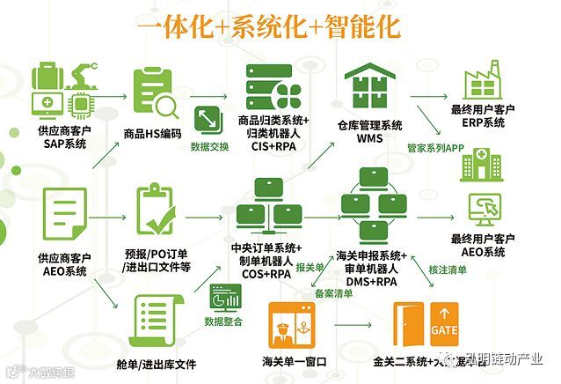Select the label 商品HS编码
(x=153, y=134)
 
